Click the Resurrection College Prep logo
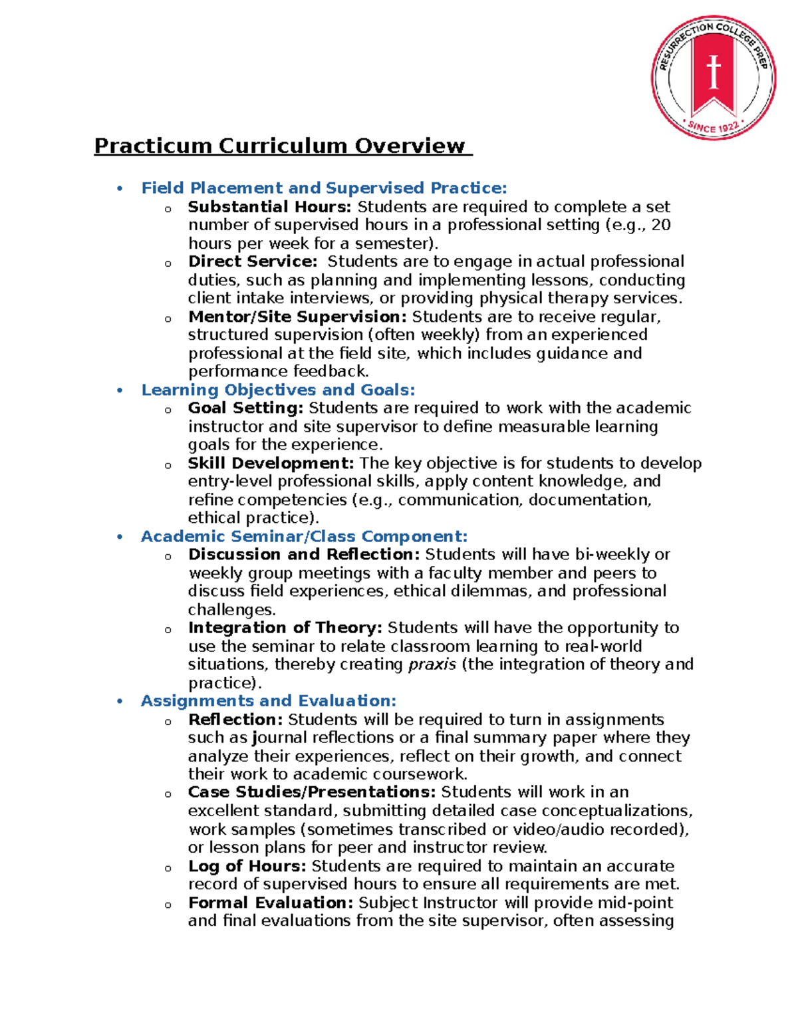click(714, 78)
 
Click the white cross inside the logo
click(714, 72)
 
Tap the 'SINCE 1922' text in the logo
click(713, 127)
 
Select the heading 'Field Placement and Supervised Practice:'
click(324, 188)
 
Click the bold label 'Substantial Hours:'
click(269, 207)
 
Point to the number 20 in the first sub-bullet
click(660, 225)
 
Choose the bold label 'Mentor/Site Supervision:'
click(297, 317)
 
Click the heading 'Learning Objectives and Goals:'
click(278, 390)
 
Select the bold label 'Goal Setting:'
click(245, 408)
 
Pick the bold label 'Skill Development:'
click(271, 463)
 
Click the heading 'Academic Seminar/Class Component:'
click(304, 536)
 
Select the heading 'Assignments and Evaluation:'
click(268, 701)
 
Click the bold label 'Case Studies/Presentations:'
click(312, 792)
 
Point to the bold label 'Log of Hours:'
click(247, 866)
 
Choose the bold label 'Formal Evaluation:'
click(271, 903)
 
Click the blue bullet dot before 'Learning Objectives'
click(120, 390)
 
